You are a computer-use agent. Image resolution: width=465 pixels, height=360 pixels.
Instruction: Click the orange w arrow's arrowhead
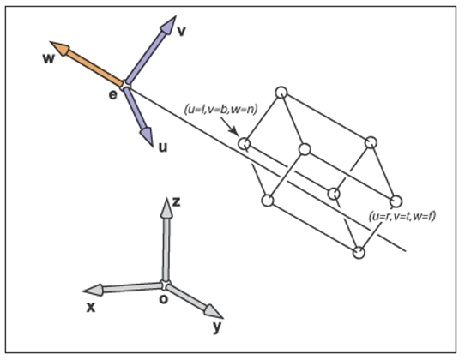[x=60, y=48]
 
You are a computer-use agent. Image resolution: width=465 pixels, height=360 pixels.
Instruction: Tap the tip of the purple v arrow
[x=176, y=16]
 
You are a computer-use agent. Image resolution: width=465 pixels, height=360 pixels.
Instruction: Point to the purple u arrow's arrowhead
[x=147, y=136]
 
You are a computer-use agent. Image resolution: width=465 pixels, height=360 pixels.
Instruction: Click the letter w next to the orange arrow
[x=49, y=58]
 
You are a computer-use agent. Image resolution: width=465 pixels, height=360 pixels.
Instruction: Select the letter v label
[x=182, y=31]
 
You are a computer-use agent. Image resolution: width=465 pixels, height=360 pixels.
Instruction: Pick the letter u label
[x=163, y=147]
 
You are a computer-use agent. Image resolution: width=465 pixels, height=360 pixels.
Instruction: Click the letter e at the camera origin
[x=112, y=95]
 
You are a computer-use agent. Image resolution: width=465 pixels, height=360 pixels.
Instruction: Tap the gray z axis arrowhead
[x=166, y=207]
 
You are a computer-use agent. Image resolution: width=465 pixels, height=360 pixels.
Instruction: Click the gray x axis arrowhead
[x=93, y=290]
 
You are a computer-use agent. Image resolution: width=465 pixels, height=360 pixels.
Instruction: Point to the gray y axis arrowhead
[x=213, y=312]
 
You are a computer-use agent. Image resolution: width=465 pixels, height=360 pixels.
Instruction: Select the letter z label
[x=177, y=202]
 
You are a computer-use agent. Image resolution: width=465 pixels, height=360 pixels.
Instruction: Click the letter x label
[x=91, y=308]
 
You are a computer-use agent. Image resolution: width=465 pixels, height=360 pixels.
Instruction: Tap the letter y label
[x=217, y=327]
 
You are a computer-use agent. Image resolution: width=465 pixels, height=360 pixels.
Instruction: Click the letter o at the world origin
[x=163, y=299]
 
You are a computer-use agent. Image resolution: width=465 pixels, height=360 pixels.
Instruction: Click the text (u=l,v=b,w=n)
[x=221, y=109]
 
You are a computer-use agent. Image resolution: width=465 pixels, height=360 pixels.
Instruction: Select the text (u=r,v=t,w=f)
[x=402, y=216]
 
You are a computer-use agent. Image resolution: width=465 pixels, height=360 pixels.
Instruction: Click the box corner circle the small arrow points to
[x=244, y=143]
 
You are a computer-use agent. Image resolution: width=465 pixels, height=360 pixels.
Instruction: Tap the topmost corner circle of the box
[x=281, y=93]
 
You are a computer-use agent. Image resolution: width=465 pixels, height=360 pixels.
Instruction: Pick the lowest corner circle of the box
[x=359, y=253]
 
